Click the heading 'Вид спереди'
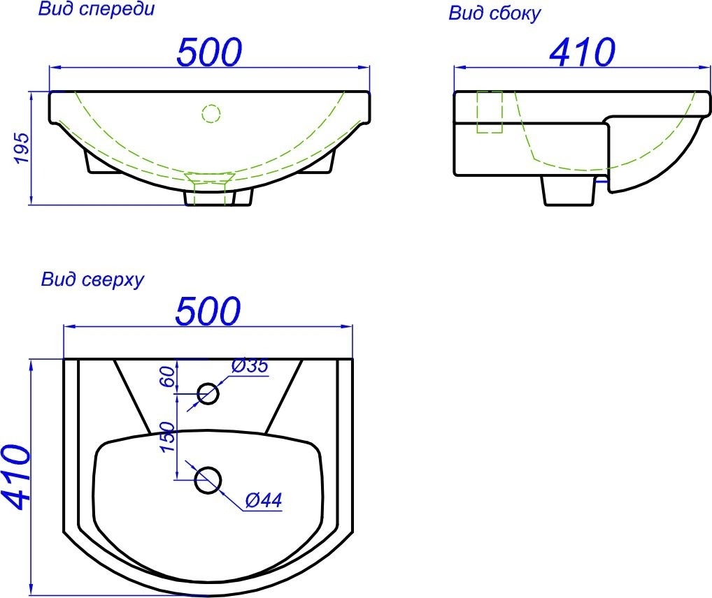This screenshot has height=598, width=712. coord(97,10)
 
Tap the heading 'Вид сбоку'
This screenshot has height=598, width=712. coord(494,13)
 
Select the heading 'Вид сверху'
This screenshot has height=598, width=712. coord(92,279)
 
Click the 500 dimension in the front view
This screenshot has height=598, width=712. coord(209,52)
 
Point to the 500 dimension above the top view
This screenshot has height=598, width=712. coord(208,311)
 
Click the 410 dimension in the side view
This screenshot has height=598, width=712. coord(582,52)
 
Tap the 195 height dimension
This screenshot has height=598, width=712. coord(22,148)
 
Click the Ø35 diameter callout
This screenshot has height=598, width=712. coord(250,366)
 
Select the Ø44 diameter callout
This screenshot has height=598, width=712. coord(264,500)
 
